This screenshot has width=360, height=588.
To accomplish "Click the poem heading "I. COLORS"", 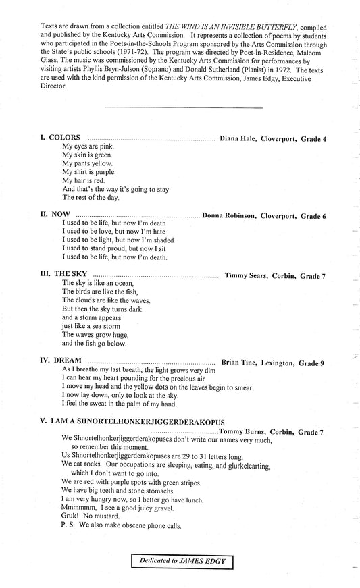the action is (x=60, y=138).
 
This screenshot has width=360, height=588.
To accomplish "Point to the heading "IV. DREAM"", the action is (x=59, y=363).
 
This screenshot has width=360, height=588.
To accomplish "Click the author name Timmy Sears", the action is (x=247, y=275).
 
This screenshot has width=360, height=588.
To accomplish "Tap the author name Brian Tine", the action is (x=240, y=363).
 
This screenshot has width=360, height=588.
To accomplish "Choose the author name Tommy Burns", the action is (x=242, y=431).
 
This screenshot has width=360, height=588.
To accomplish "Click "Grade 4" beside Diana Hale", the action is (x=314, y=138).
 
